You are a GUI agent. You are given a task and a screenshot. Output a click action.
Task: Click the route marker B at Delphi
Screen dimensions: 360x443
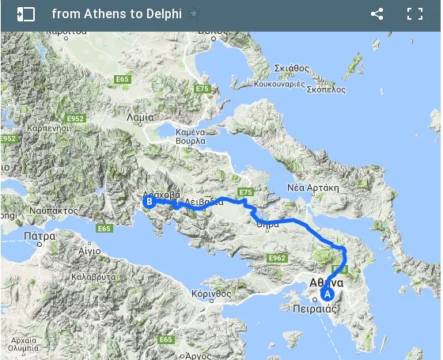click(148, 202)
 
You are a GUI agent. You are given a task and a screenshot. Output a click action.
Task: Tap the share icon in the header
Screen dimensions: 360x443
click(377, 13)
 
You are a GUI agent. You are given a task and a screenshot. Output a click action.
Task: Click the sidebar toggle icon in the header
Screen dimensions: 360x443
click(25, 13)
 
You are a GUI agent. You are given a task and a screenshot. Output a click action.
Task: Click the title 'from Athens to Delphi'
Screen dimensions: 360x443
click(117, 13)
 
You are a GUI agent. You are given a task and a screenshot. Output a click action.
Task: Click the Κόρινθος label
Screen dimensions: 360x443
click(211, 293)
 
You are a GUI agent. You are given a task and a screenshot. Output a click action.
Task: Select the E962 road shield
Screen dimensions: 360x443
click(276, 258)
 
